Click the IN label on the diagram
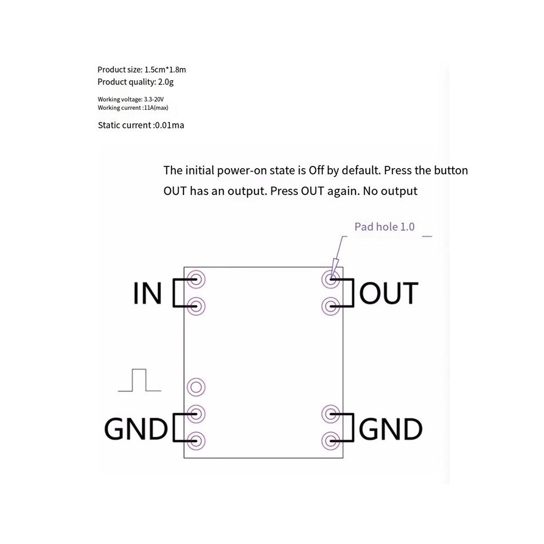tap(147, 293)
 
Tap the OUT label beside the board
tap(388, 293)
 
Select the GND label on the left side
tap(136, 429)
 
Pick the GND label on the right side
tap(391, 429)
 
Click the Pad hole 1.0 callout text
tap(385, 227)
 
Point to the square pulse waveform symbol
tap(140, 380)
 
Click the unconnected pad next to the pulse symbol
tap(196, 387)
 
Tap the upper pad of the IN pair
tap(196, 279)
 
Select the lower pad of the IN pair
tap(196, 307)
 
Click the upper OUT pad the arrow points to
tap(331, 279)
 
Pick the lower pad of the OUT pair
tap(331, 307)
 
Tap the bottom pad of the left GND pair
tap(196, 441)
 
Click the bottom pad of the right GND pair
tap(331, 441)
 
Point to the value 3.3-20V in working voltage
tap(154, 99)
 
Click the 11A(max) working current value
tap(156, 108)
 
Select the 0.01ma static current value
tap(169, 125)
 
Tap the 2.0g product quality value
tap(166, 82)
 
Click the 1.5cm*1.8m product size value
tap(165, 70)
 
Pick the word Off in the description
tap(317, 170)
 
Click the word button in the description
tap(451, 170)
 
